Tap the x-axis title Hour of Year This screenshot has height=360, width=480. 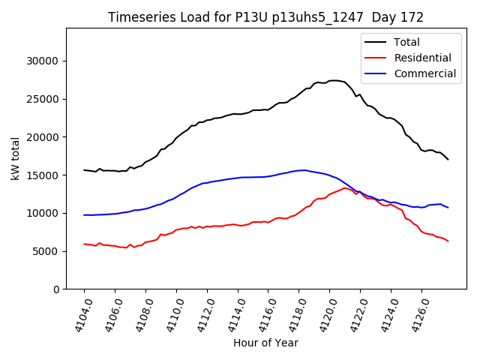point(265,343)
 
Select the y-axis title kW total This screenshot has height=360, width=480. point(15,158)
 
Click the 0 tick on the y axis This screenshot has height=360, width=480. point(57,289)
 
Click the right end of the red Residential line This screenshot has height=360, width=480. point(448,241)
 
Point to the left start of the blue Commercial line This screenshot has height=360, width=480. point(84,215)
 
